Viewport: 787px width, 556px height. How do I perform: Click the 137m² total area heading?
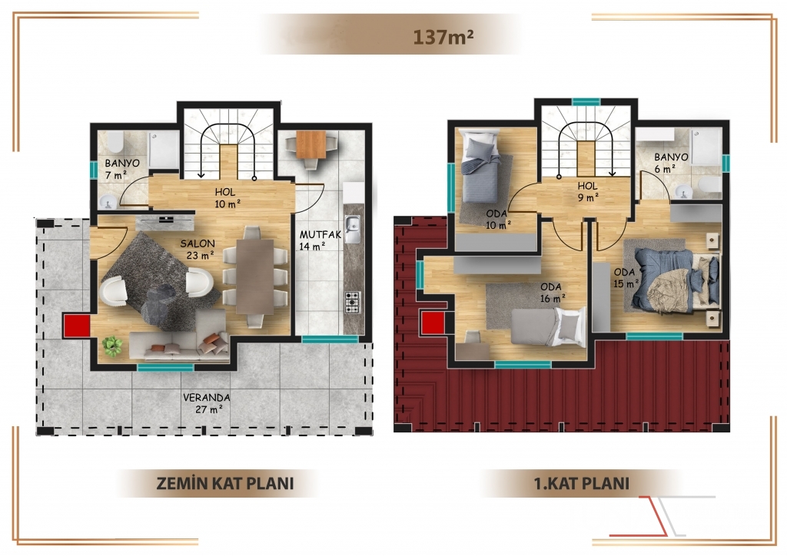tap(443, 37)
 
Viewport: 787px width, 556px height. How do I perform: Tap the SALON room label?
tap(198, 243)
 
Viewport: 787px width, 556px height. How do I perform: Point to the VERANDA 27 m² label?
tap(206, 403)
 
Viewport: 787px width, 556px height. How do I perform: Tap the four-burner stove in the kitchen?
tap(352, 303)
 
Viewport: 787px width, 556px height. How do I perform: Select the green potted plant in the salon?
tap(112, 346)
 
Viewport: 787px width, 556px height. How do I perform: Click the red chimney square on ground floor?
tap(77, 326)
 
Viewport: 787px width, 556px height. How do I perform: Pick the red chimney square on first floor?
tap(433, 323)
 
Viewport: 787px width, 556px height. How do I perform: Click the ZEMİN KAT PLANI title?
tap(225, 483)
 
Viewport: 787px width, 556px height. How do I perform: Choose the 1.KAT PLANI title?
tap(582, 484)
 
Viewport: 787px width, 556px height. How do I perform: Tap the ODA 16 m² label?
tap(551, 293)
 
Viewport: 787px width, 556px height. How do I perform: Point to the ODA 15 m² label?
tap(626, 278)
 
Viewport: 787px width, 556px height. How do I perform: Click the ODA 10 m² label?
tap(497, 220)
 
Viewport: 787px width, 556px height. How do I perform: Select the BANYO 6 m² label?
tap(671, 163)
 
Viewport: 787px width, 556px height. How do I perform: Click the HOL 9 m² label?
tap(588, 191)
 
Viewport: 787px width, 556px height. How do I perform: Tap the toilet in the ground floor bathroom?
tap(115, 143)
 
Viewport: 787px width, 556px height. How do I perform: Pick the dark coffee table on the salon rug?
tap(158, 304)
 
